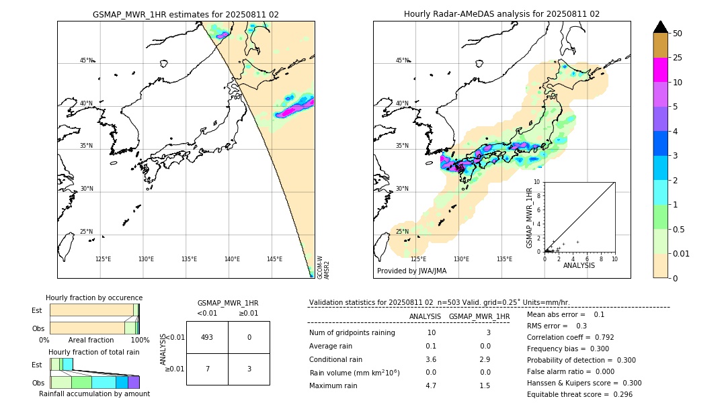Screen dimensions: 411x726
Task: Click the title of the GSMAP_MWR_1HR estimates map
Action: (186, 14)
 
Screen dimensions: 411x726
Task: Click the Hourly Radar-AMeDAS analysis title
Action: (501, 14)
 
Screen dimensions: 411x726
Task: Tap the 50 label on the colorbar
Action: (678, 34)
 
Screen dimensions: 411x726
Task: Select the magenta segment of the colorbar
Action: (661, 70)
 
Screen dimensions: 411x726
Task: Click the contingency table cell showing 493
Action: (207, 337)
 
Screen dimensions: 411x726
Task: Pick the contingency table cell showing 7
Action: (207, 369)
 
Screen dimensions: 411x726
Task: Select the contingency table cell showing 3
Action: (249, 369)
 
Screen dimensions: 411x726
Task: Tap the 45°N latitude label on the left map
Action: (86, 60)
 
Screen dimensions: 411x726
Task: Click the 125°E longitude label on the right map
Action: (418, 259)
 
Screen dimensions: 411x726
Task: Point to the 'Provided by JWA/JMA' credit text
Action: (411, 271)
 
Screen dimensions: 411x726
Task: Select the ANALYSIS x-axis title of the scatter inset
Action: (579, 265)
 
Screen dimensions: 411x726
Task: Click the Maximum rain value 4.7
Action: (431, 386)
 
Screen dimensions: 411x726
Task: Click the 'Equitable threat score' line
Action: (579, 394)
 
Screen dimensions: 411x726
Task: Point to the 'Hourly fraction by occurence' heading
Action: (94, 298)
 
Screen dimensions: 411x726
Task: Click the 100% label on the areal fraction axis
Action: (139, 340)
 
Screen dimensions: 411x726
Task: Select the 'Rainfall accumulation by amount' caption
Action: (94, 394)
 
